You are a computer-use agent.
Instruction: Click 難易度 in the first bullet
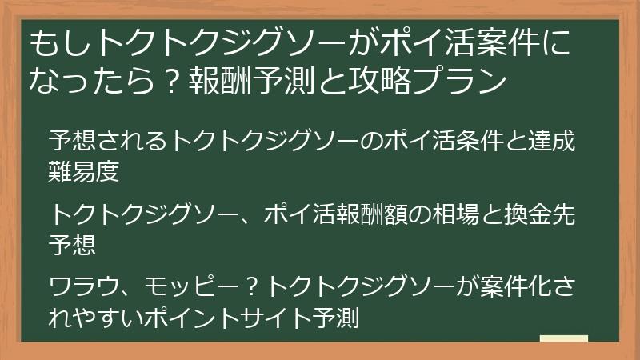point(84,170)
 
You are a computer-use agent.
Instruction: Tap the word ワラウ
point(84,286)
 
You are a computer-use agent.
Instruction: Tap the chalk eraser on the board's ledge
point(563,340)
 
